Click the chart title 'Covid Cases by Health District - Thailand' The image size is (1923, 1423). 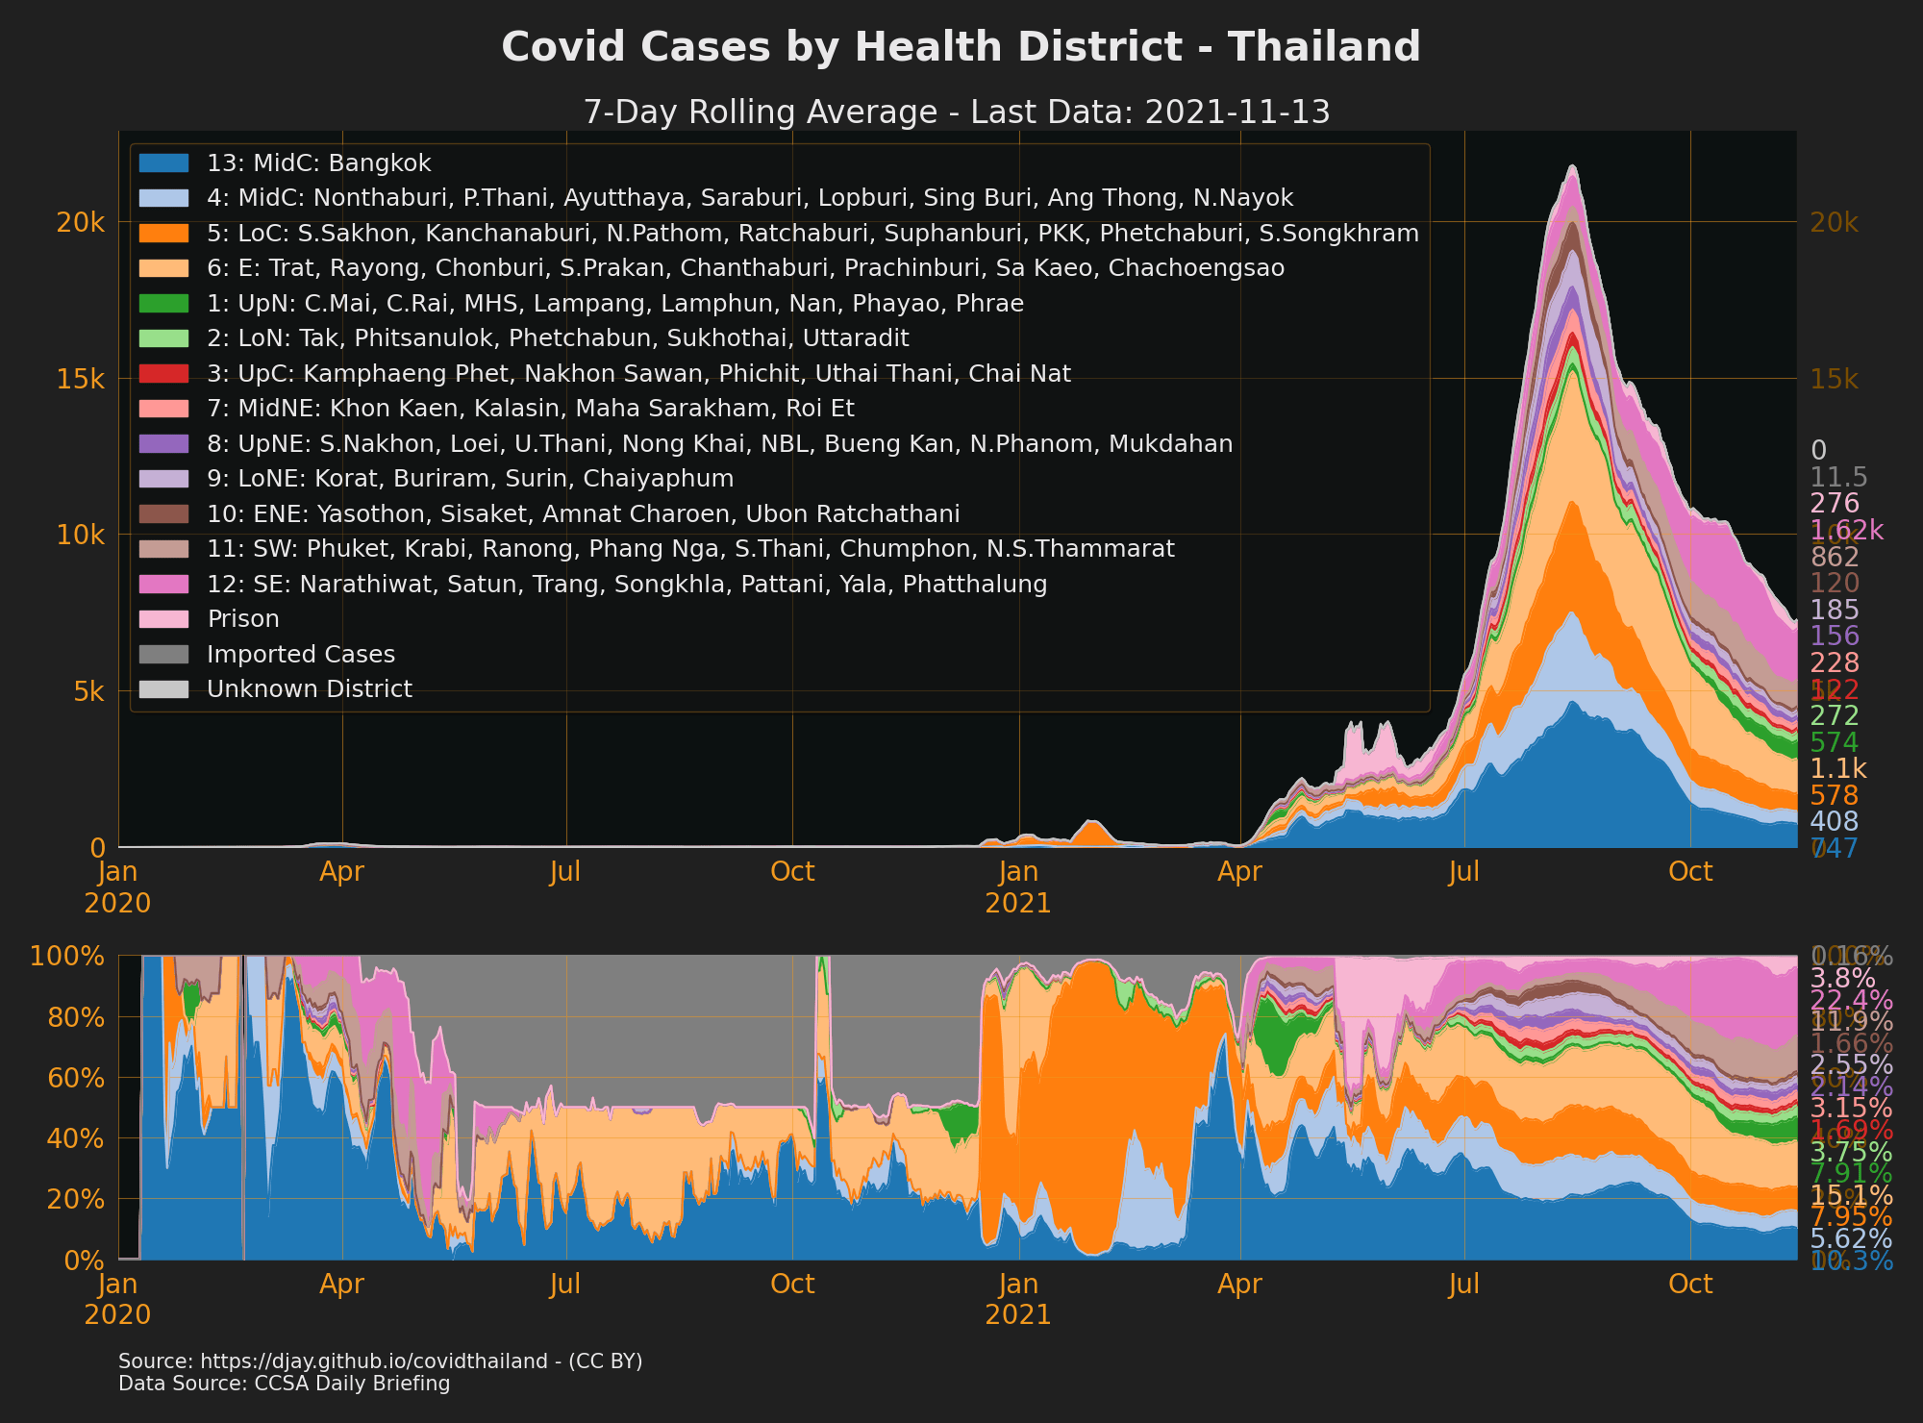(961, 47)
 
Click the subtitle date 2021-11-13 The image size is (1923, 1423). (1237, 112)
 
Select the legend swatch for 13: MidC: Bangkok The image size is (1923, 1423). (163, 162)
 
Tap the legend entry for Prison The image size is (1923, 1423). (242, 619)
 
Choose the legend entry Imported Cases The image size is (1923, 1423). (300, 655)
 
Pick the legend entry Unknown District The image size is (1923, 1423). (309, 689)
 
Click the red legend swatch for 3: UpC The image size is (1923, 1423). (163, 373)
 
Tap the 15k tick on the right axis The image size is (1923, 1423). (1834, 379)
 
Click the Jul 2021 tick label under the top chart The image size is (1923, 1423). (1464, 872)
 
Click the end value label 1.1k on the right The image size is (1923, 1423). (1837, 769)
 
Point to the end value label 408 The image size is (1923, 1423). (1834, 821)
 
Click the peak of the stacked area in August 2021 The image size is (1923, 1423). (1572, 166)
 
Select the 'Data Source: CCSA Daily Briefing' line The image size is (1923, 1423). (284, 1384)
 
